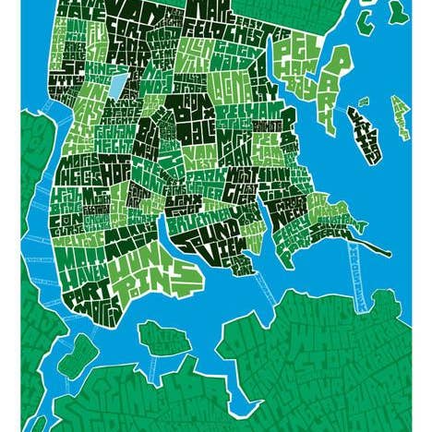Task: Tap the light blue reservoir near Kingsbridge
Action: pos(119,87)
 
